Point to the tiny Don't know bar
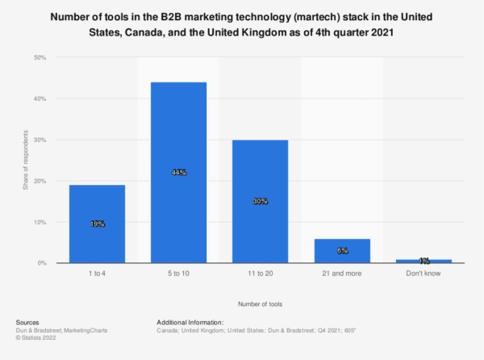click(x=424, y=261)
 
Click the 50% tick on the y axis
click(x=40, y=58)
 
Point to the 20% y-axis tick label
click(x=40, y=181)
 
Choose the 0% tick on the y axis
click(x=42, y=263)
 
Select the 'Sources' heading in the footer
click(x=27, y=321)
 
